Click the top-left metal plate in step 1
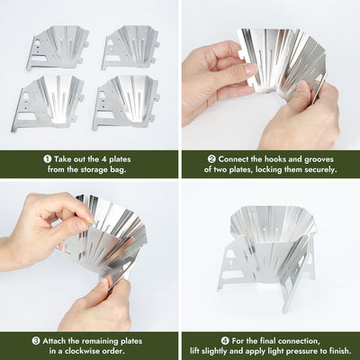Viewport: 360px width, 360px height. pyautogui.click(x=57, y=48)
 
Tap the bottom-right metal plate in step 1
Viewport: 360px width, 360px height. pyautogui.click(x=128, y=103)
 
